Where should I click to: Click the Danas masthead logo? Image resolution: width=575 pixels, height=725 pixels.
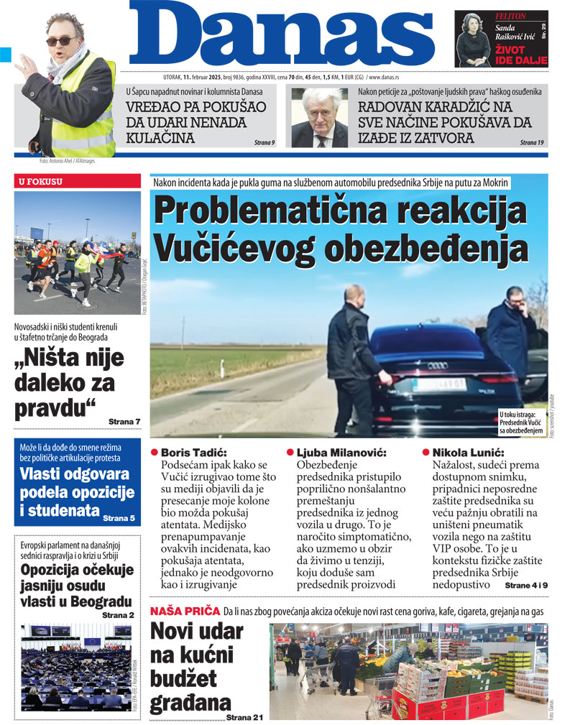click(x=284, y=36)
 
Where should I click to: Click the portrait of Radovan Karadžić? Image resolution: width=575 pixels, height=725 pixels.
click(x=319, y=118)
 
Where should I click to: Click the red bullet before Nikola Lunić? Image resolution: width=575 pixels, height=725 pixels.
click(x=425, y=453)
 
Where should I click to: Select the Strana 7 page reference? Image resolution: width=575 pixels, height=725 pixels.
click(x=124, y=420)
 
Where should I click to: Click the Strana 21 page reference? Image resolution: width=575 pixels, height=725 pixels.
click(x=245, y=717)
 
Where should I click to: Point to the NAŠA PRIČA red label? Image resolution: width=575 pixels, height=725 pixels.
click(x=184, y=611)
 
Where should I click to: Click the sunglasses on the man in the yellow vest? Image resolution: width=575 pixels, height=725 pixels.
click(x=60, y=41)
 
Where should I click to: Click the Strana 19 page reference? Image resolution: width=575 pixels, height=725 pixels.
click(x=532, y=142)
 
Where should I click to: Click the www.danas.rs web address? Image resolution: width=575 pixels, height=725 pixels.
click(x=387, y=76)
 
